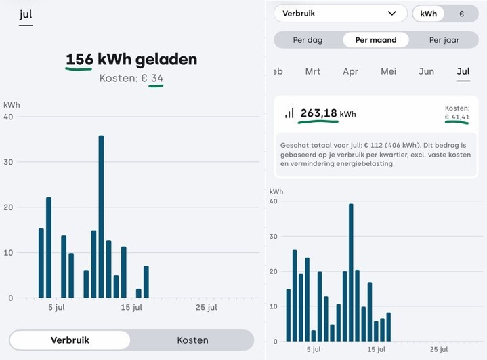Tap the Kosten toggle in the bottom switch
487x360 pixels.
(x=192, y=340)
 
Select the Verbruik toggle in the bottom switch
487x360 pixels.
(x=70, y=340)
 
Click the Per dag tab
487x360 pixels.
(x=308, y=40)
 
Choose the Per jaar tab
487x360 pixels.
(x=444, y=40)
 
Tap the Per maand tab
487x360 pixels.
(x=376, y=40)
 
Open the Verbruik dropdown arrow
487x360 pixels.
(x=392, y=13)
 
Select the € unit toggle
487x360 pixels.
(x=461, y=14)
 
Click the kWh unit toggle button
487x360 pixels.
(x=428, y=14)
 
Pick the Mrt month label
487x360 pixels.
(x=313, y=71)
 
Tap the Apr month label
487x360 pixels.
(x=350, y=71)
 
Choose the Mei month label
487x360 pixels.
(x=389, y=71)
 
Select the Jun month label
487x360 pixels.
(x=426, y=71)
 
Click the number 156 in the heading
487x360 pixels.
(x=79, y=59)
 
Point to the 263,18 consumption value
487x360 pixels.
(x=318, y=113)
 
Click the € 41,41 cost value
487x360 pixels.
(x=457, y=117)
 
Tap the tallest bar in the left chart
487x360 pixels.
(x=101, y=217)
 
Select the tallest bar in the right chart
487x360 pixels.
(x=351, y=273)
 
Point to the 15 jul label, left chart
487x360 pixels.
(x=131, y=308)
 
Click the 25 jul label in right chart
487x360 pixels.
(x=439, y=349)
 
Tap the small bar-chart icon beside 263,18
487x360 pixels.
(x=289, y=113)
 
